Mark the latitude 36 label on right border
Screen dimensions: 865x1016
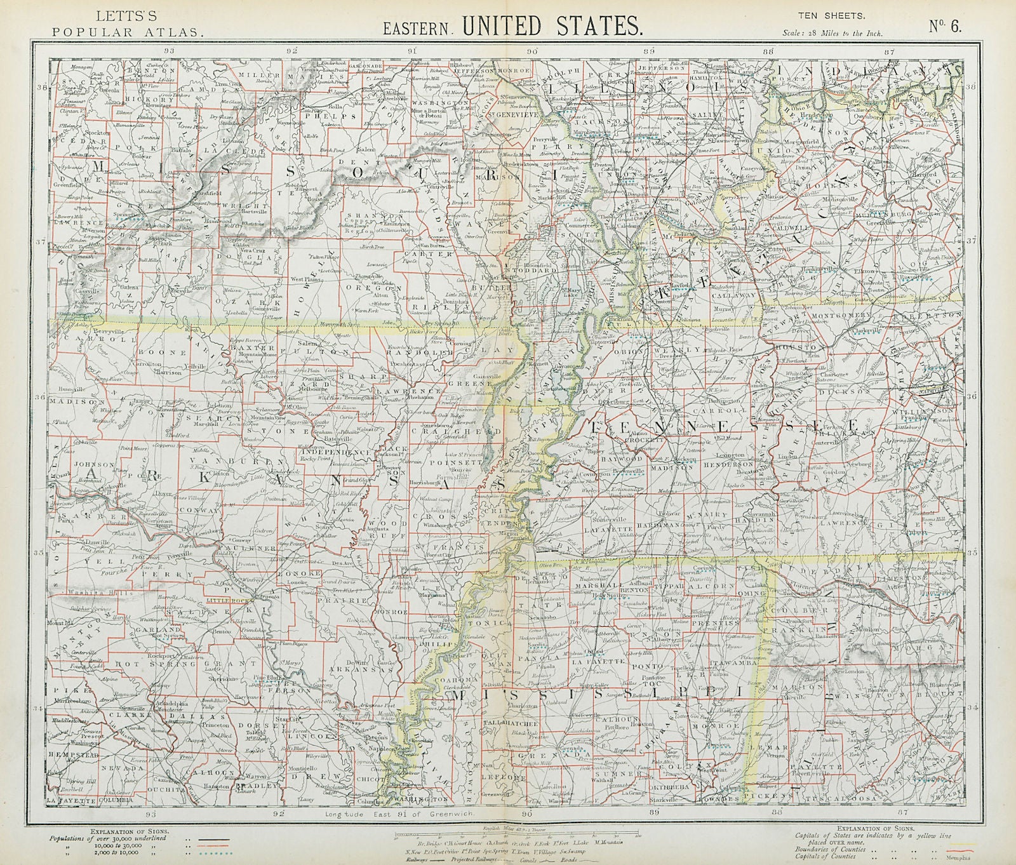click(x=970, y=396)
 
